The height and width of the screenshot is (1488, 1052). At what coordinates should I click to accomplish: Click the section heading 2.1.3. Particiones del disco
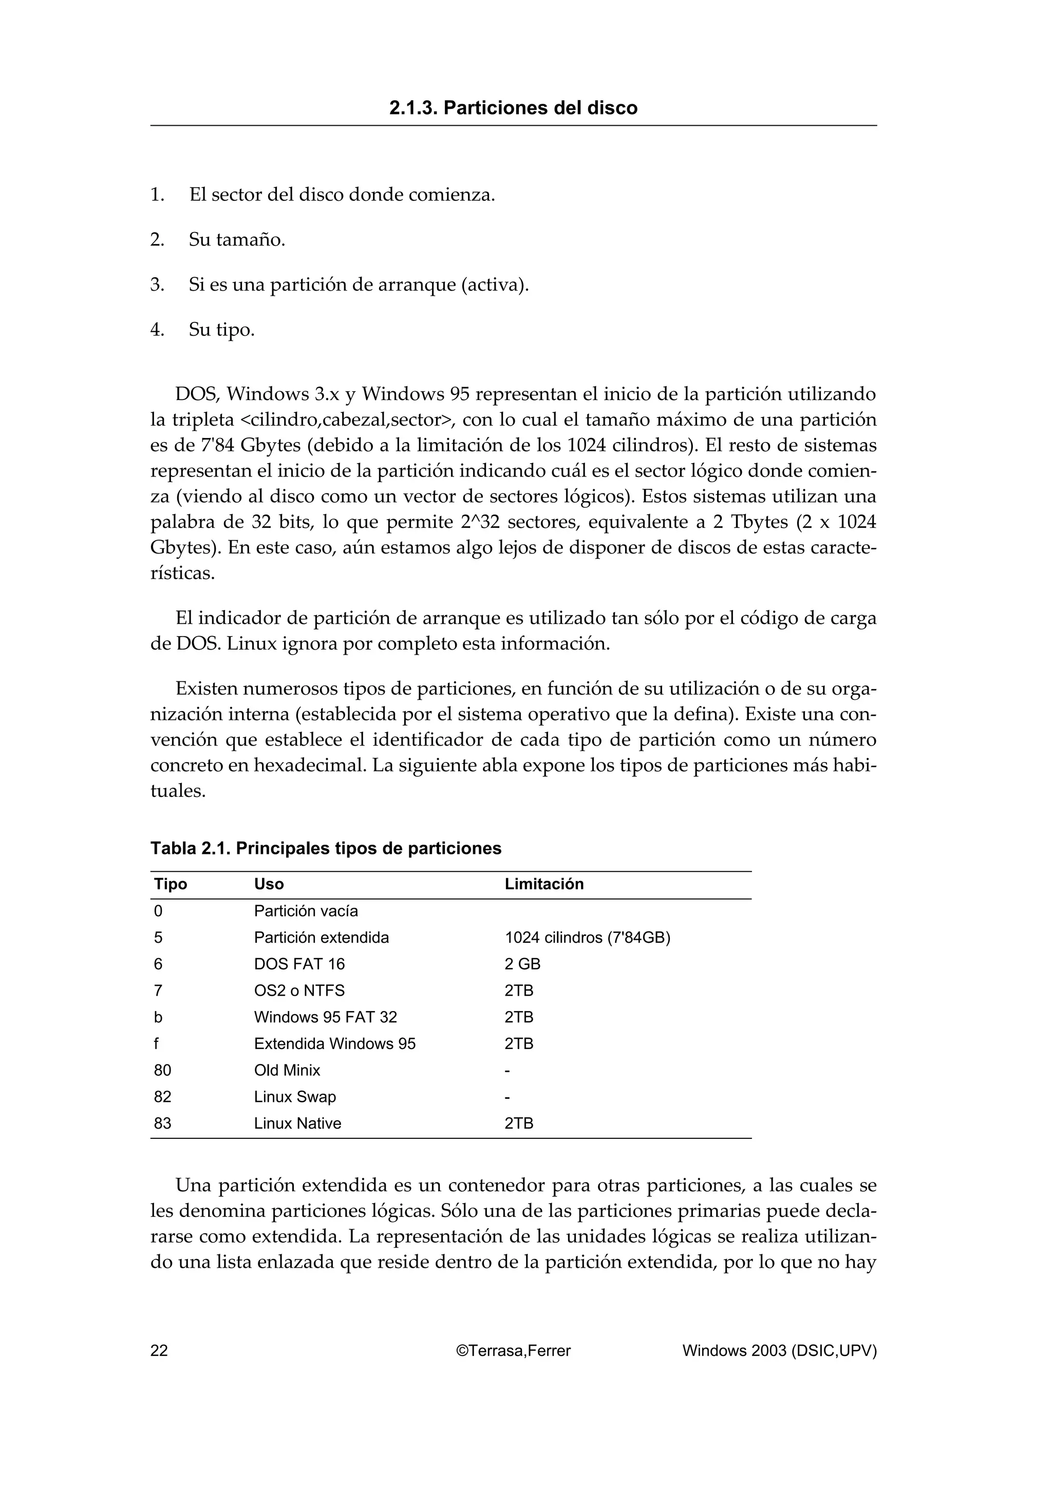pyautogui.click(x=513, y=108)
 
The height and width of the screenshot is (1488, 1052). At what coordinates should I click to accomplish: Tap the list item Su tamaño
pyautogui.click(x=237, y=240)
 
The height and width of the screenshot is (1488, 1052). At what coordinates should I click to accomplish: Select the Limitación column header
pyautogui.click(x=544, y=884)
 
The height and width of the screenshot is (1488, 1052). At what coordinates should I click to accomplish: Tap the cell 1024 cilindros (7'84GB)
pyautogui.click(x=587, y=938)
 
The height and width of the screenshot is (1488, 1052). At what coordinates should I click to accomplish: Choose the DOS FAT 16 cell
pyautogui.click(x=299, y=964)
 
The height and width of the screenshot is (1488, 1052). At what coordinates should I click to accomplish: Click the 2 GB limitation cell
pyautogui.click(x=522, y=964)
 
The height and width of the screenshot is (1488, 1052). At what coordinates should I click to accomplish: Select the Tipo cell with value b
pyautogui.click(x=158, y=1018)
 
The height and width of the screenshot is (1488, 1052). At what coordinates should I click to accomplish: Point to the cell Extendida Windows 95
pyautogui.click(x=334, y=1044)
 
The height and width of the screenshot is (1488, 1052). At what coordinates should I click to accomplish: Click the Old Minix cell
pyautogui.click(x=287, y=1071)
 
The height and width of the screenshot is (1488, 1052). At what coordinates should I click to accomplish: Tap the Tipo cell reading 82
pyautogui.click(x=163, y=1097)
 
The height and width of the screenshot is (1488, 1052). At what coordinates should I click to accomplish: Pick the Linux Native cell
pyautogui.click(x=297, y=1124)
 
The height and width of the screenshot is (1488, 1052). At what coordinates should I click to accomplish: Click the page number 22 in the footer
pyautogui.click(x=159, y=1350)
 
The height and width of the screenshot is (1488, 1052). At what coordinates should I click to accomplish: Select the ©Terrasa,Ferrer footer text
pyautogui.click(x=513, y=1350)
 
